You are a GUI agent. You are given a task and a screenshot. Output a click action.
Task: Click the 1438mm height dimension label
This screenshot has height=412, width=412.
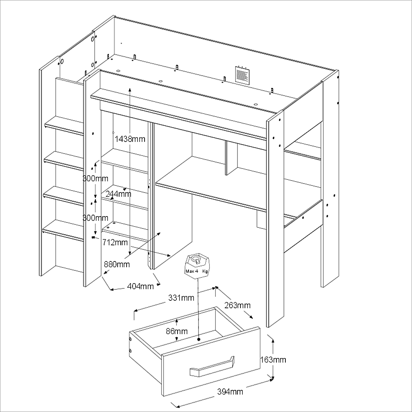pyautogui.click(x=130, y=139)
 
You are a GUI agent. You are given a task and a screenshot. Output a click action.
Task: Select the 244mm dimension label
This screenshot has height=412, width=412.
pyautogui.click(x=118, y=194)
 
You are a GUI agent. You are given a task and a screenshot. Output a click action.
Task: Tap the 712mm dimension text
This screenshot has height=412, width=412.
pyautogui.click(x=115, y=242)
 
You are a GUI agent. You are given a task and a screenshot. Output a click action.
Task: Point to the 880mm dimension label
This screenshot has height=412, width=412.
pyautogui.click(x=117, y=264)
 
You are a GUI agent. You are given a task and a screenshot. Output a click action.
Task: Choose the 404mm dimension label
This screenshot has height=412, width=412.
pyautogui.click(x=140, y=286)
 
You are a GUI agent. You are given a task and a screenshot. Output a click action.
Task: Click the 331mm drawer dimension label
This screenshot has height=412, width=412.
pyautogui.click(x=181, y=298)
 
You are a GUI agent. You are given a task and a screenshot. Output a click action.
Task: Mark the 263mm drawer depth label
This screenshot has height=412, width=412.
pyautogui.click(x=237, y=305)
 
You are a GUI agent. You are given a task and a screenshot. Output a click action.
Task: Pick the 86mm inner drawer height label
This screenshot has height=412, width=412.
pyautogui.click(x=176, y=331)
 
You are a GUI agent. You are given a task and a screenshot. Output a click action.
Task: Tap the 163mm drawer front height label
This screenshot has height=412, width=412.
pyautogui.click(x=273, y=360)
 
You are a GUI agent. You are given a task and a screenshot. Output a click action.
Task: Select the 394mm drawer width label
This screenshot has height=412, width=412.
pyautogui.click(x=230, y=391)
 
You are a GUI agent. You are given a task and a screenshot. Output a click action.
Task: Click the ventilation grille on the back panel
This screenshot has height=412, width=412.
pyautogui.click(x=242, y=75)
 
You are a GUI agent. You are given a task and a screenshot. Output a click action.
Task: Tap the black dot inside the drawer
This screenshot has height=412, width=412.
pyautogui.click(x=199, y=339)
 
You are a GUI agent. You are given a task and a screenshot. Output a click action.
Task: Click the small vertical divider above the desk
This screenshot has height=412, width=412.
pyautogui.click(x=231, y=158)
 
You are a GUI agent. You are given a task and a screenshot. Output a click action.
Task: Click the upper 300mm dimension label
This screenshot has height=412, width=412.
pyautogui.click(x=96, y=178)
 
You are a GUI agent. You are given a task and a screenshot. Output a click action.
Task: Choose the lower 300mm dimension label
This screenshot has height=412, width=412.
pyautogui.click(x=96, y=218)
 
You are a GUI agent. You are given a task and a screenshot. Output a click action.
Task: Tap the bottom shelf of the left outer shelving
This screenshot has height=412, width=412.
pyautogui.click(x=63, y=230)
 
